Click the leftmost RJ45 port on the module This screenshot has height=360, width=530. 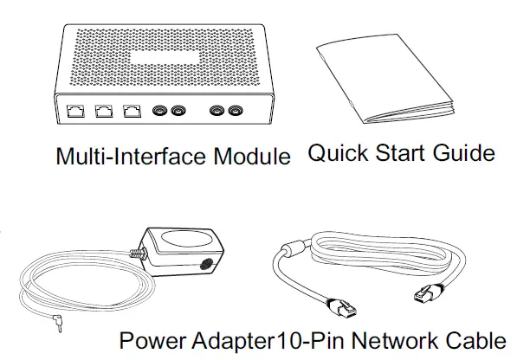click(x=76, y=112)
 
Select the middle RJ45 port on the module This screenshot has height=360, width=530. click(x=105, y=112)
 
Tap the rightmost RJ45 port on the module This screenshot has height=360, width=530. click(x=132, y=112)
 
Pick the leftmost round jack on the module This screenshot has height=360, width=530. click(x=160, y=112)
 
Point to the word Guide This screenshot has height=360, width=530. click(x=467, y=155)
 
